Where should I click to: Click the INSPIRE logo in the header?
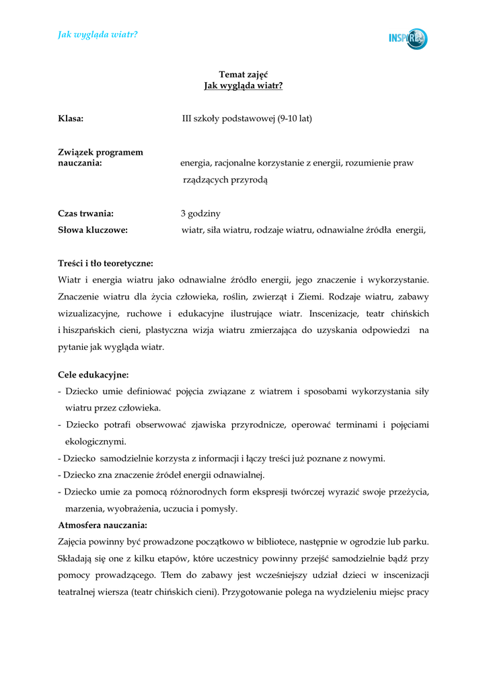click(408, 38)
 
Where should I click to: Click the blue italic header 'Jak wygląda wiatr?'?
click(98, 34)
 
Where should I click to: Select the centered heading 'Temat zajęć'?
click(243, 74)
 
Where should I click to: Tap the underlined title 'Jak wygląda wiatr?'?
click(243, 85)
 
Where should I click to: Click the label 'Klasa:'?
click(71, 118)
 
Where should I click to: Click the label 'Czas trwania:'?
click(85, 214)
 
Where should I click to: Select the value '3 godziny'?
click(200, 214)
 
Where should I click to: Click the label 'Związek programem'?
click(100, 152)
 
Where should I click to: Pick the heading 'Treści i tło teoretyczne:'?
click(106, 263)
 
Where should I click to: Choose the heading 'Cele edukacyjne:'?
click(93, 374)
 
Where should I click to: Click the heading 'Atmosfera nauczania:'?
click(102, 524)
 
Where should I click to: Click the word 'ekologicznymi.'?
click(96, 441)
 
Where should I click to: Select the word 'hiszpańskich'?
click(91, 330)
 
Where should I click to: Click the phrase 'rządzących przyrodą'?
click(226, 180)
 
